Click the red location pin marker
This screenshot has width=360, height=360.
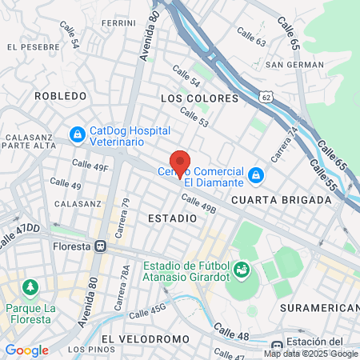pyautogui.click(x=180, y=162)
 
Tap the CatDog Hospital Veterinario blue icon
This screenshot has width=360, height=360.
pyautogui.click(x=78, y=135)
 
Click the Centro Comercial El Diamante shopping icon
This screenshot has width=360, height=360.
pyautogui.click(x=255, y=174)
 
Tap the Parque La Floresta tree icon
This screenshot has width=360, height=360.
pyautogui.click(x=30, y=286)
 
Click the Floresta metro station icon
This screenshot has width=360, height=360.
pyautogui.click(x=100, y=246)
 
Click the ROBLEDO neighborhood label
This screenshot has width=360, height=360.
pyautogui.click(x=60, y=96)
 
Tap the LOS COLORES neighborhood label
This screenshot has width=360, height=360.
pyautogui.click(x=200, y=98)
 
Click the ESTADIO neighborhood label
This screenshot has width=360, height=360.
pyautogui.click(x=172, y=218)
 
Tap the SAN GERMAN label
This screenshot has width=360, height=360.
pyautogui.click(x=294, y=64)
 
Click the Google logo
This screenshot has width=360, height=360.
pyautogui.click(x=26, y=350)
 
